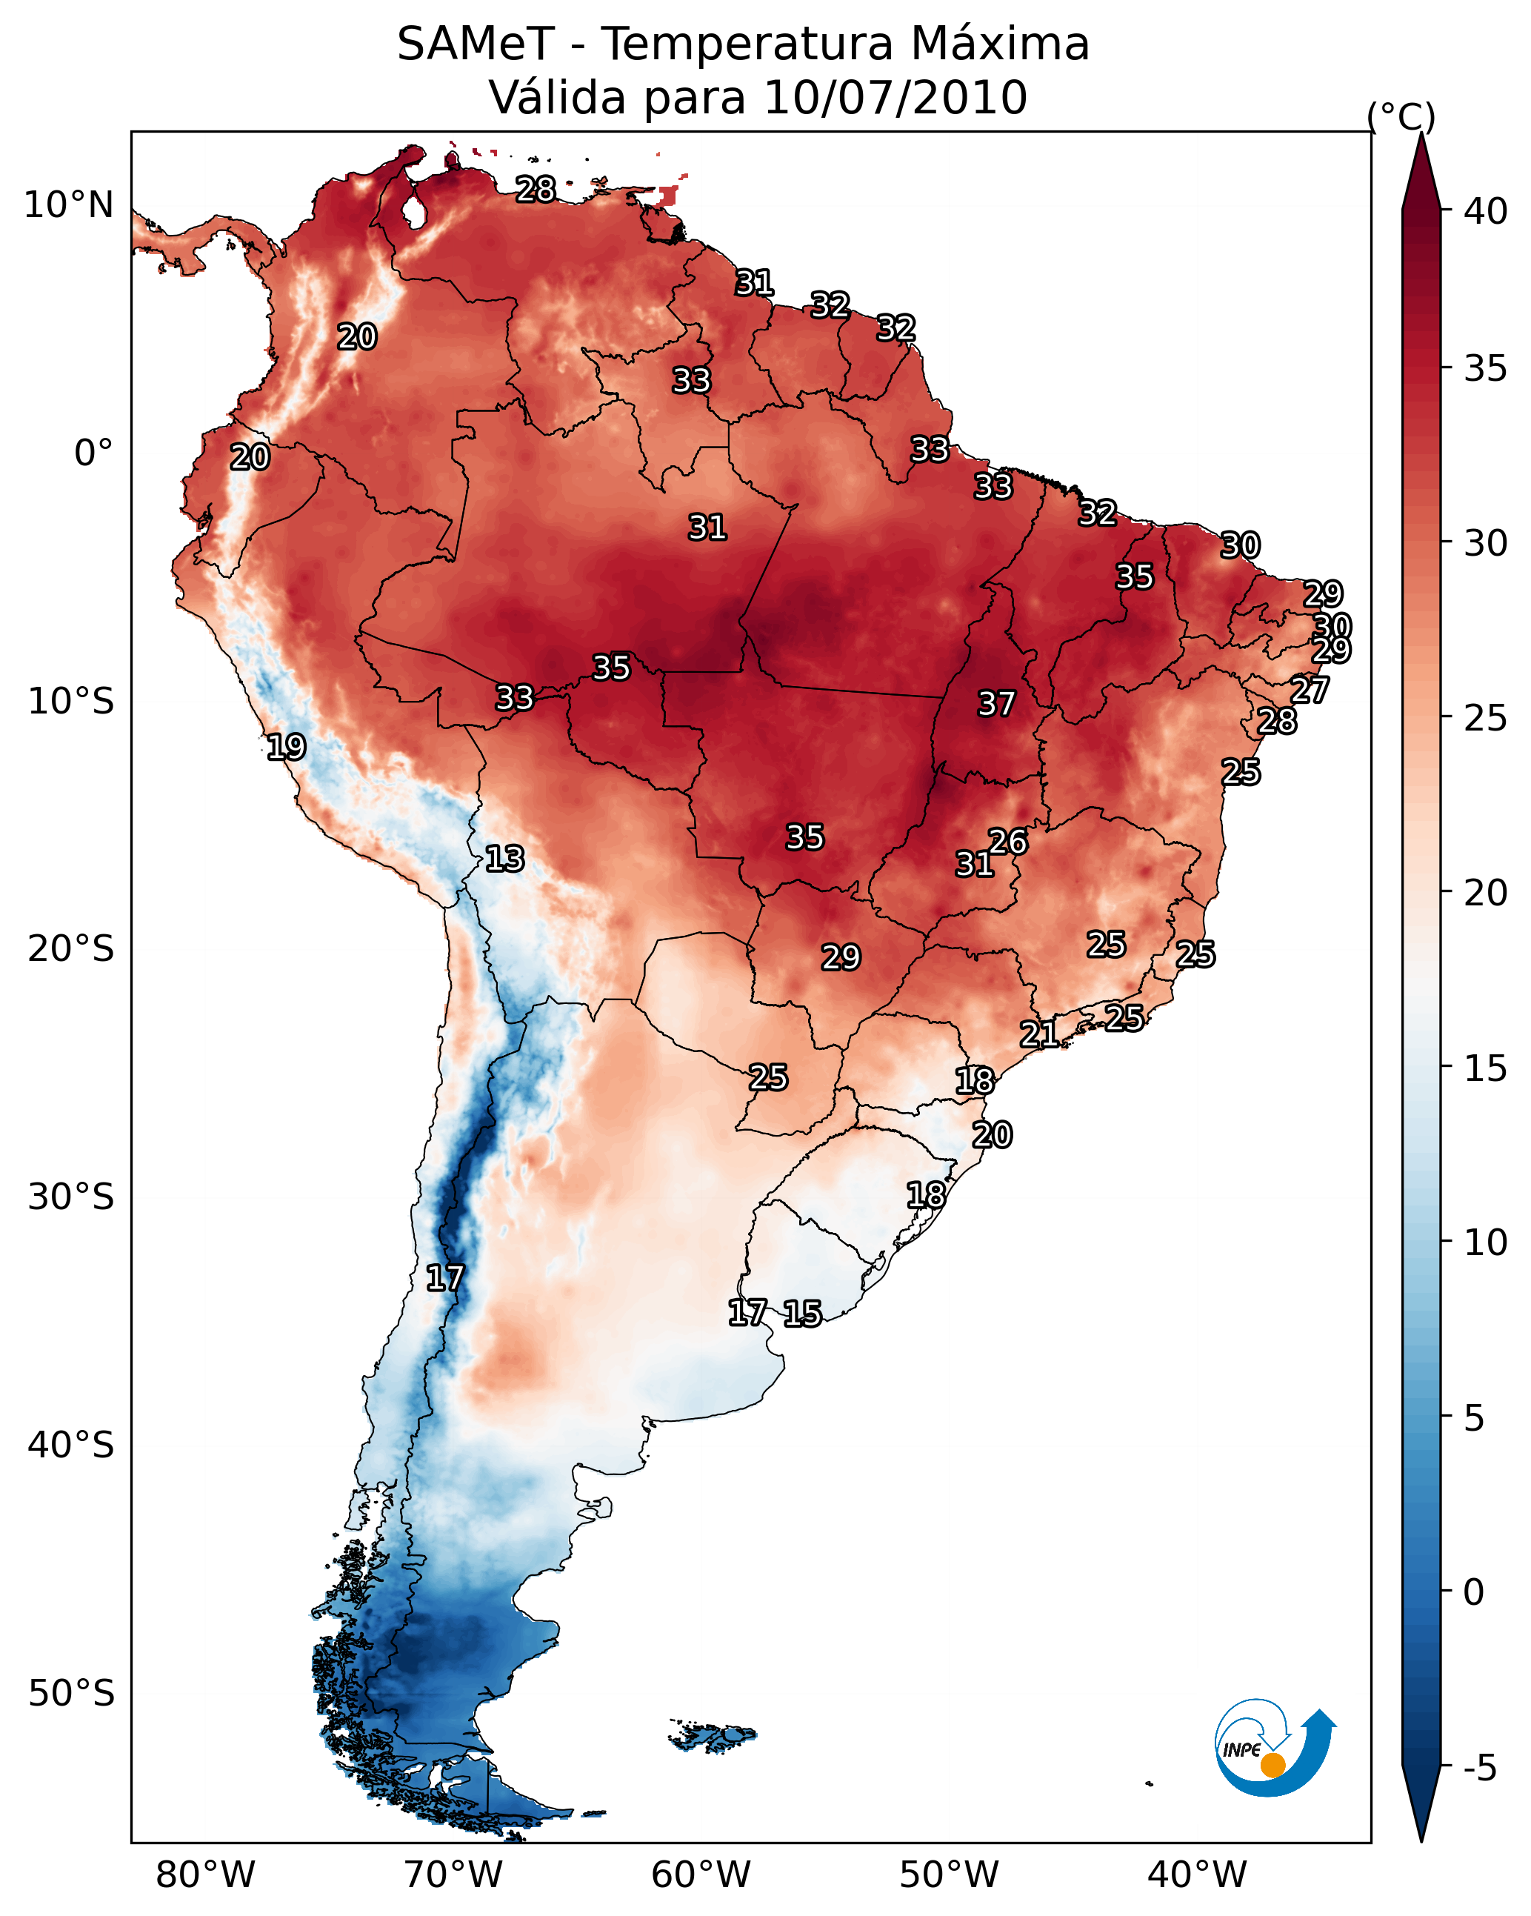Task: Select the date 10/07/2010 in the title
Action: [x=895, y=98]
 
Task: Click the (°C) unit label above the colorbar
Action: [x=1401, y=116]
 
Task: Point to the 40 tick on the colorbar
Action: [x=1486, y=211]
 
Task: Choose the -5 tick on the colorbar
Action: [x=1479, y=1768]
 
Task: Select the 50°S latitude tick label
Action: [x=71, y=1694]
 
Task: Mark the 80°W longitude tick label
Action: [x=205, y=1876]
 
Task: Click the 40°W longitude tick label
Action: [x=1197, y=1876]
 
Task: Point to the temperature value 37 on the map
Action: [x=996, y=704]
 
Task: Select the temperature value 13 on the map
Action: [x=504, y=859]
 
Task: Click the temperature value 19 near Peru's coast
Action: [x=286, y=747]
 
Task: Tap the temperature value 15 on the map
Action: [x=802, y=1314]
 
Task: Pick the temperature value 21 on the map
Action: [x=1038, y=1034]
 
